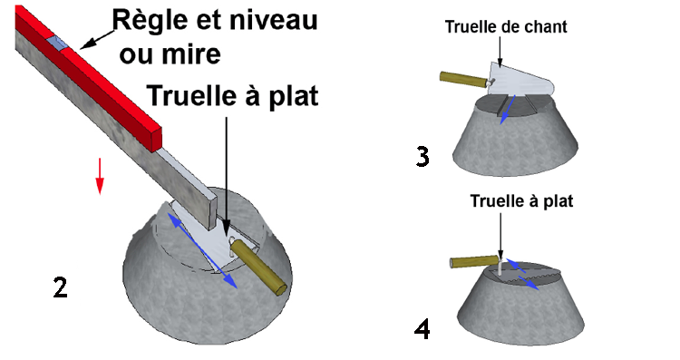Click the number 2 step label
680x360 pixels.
(60, 287)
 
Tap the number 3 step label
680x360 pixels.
(422, 155)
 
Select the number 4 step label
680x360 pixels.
(422, 327)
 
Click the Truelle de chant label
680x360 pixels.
(505, 26)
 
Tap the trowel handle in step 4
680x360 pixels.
(472, 262)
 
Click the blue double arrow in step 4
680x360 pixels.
(521, 273)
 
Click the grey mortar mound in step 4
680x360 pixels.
(526, 313)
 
